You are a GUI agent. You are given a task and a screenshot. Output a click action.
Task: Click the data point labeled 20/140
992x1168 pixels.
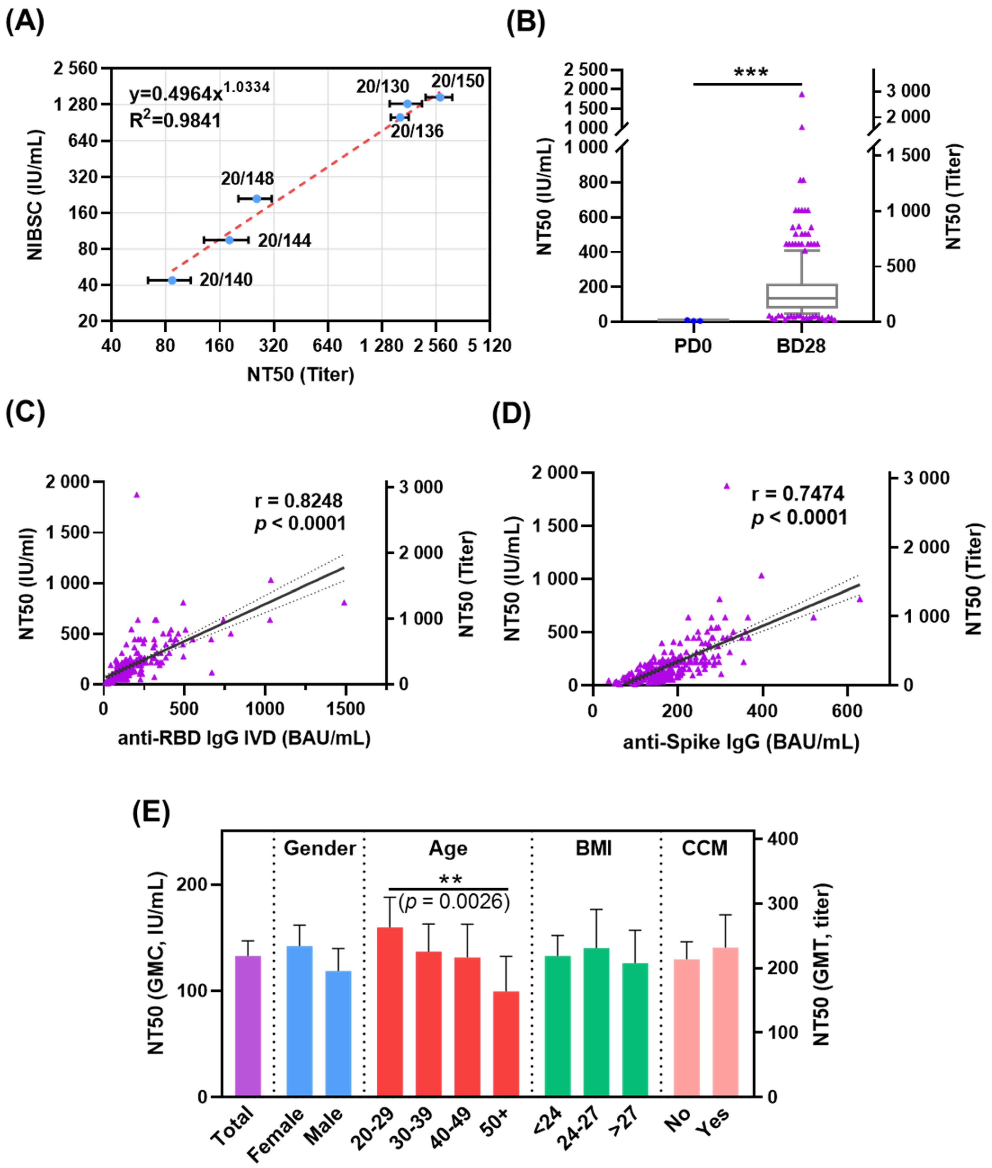coord(172,280)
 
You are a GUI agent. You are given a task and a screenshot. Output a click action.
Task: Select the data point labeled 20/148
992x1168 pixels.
coord(256,198)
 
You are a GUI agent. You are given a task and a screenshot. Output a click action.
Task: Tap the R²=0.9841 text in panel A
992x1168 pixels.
coord(175,120)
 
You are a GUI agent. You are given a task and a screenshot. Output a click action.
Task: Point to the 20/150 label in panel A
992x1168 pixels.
coord(458,82)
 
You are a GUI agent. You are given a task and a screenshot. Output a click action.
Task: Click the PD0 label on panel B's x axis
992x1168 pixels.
coord(693,346)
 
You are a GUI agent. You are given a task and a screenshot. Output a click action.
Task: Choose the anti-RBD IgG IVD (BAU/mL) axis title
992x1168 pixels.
coord(244,738)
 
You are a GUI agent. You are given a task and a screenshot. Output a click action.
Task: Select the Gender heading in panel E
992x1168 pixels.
coord(319,848)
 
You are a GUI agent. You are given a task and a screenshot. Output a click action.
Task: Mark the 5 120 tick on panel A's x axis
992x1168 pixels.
coord(489,345)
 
